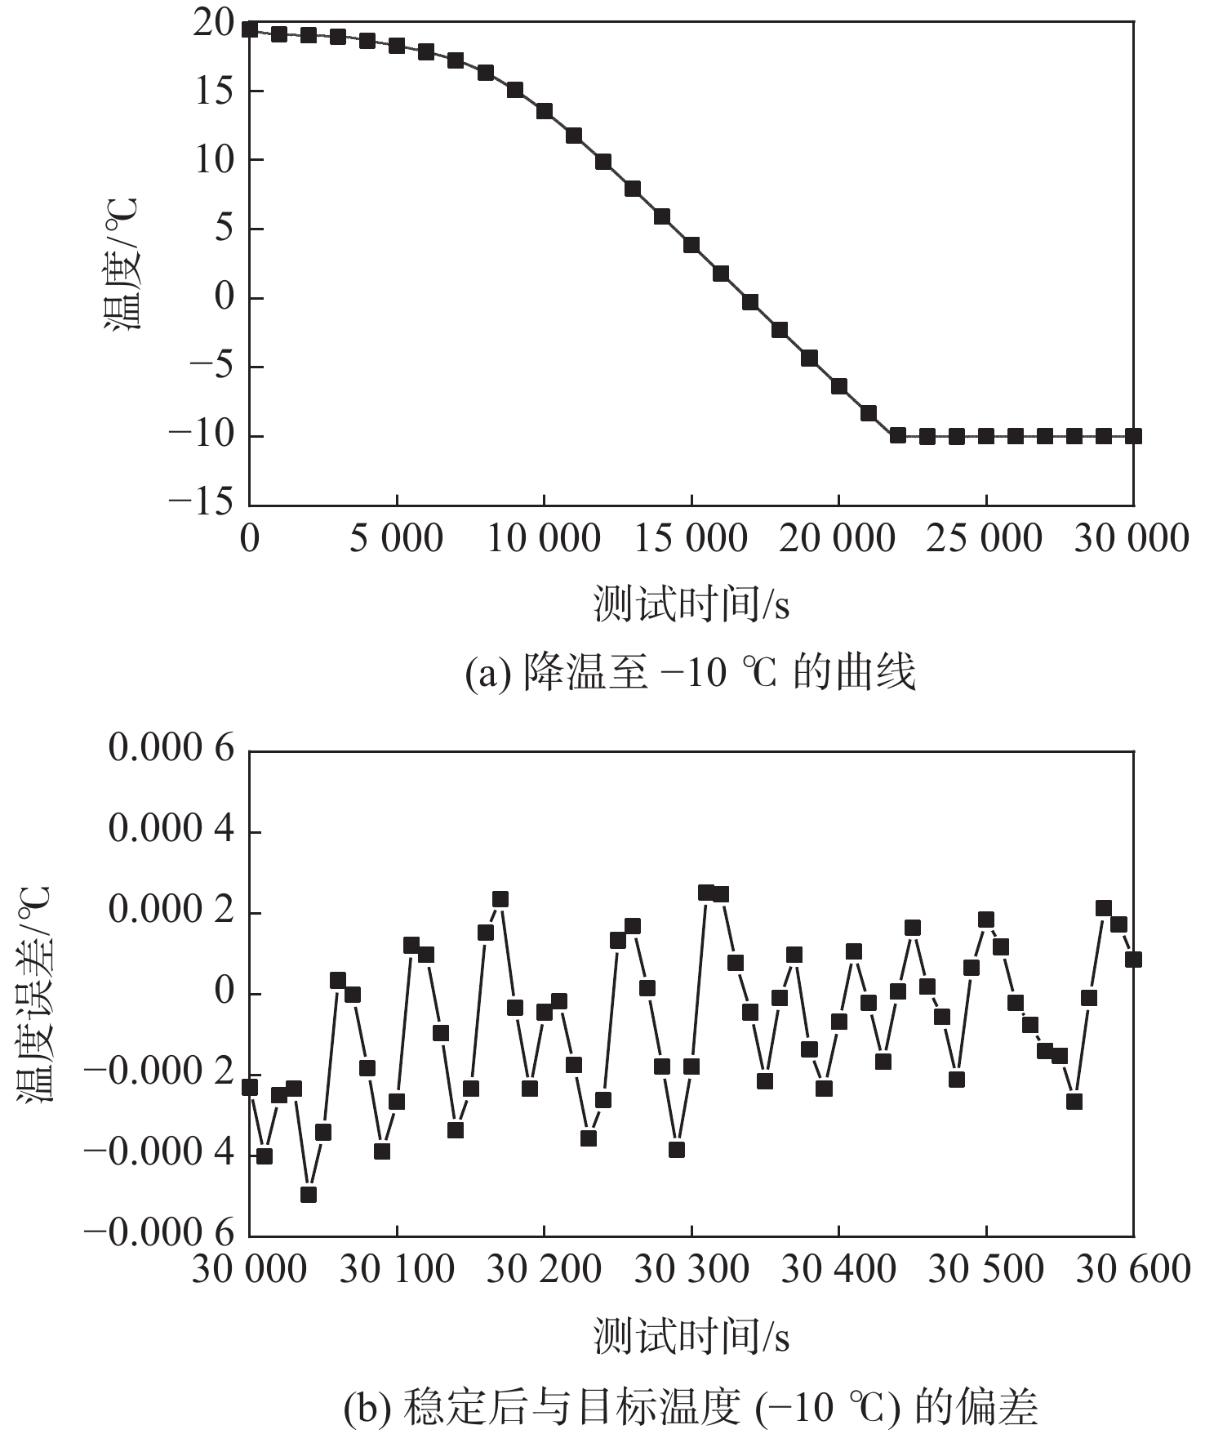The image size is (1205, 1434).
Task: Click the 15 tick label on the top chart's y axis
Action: pyautogui.click(x=215, y=91)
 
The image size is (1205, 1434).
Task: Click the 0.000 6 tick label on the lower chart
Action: pyautogui.click(x=172, y=749)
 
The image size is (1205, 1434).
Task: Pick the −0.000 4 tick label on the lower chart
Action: pyautogui.click(x=159, y=1153)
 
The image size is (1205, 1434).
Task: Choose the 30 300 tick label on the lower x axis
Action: pyautogui.click(x=691, y=1270)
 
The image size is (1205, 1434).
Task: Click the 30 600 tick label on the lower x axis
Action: pyautogui.click(x=1132, y=1270)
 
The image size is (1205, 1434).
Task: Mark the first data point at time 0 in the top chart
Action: pyautogui.click(x=250, y=29)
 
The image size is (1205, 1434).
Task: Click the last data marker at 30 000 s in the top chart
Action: pyautogui.click(x=1133, y=436)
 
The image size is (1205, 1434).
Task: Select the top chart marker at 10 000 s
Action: pyautogui.click(x=545, y=111)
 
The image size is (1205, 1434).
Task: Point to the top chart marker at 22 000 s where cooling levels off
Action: pyautogui.click(x=898, y=435)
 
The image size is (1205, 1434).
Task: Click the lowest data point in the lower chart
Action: pyautogui.click(x=309, y=1194)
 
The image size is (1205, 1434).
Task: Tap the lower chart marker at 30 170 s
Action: pyautogui.click(x=500, y=899)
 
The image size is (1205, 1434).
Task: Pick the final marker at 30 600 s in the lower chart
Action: pyautogui.click(x=1133, y=960)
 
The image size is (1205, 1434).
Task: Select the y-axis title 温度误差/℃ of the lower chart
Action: pyautogui.click(x=34, y=995)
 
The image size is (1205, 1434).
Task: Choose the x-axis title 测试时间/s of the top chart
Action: pyautogui.click(x=691, y=605)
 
